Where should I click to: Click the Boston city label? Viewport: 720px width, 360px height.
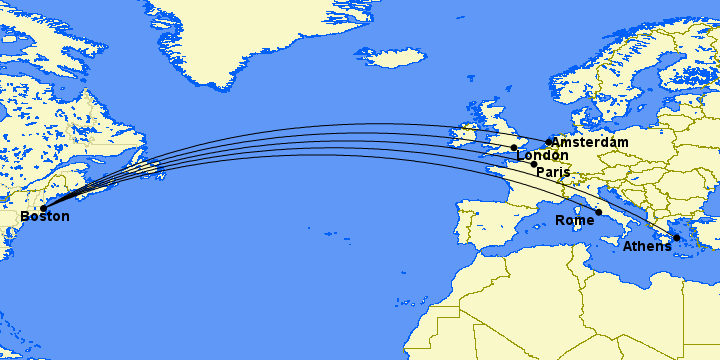45,217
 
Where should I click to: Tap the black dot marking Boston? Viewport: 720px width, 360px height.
43,208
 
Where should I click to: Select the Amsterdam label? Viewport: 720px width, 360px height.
590,143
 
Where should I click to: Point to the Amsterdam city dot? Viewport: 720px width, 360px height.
549,142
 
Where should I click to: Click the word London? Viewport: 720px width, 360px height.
542,156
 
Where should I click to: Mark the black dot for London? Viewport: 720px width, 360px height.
514,148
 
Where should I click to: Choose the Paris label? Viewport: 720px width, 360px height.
553,172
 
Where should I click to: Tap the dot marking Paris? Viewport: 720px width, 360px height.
533,163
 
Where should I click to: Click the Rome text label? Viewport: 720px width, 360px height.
574,221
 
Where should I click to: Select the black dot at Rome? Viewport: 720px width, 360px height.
598,212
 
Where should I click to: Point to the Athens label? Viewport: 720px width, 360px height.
647,247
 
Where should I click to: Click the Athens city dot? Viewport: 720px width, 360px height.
676,238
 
